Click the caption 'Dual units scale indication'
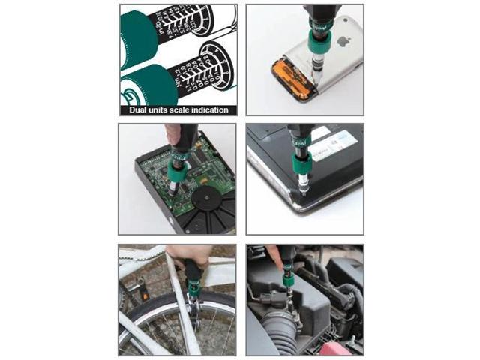coord(178,110)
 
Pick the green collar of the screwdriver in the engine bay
coord(287,279)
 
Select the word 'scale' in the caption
coord(196,110)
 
